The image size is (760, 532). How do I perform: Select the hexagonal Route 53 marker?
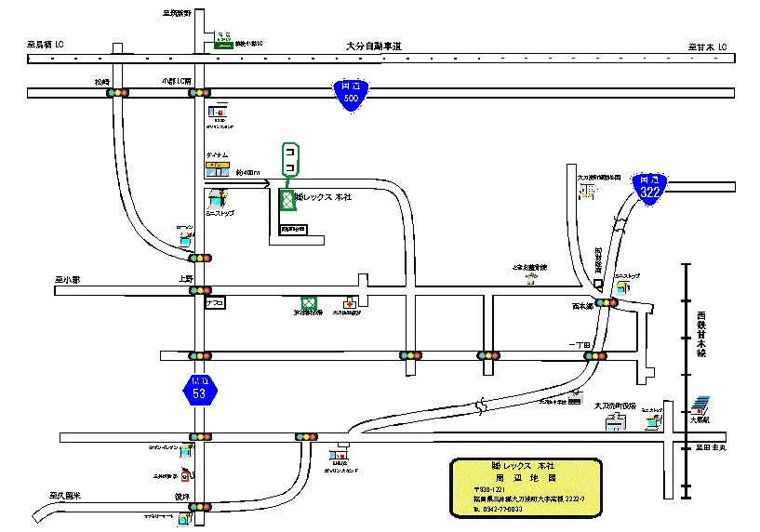coord(199,389)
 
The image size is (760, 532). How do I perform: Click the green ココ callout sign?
coord(290,159)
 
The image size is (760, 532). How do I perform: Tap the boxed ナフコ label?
coord(216,302)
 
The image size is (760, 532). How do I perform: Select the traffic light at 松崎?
coord(116,93)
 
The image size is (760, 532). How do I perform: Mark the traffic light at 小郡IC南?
coord(199,93)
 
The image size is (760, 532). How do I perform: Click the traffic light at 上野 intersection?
coord(200,290)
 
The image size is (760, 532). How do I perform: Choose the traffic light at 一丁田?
coord(595,355)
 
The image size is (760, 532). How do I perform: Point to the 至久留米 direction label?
coord(65,496)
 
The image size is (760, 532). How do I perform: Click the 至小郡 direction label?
coord(69,278)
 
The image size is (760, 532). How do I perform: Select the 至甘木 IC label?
coord(707,46)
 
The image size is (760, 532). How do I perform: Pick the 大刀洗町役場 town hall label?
coord(613,406)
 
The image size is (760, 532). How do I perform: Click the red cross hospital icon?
coord(350,303)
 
